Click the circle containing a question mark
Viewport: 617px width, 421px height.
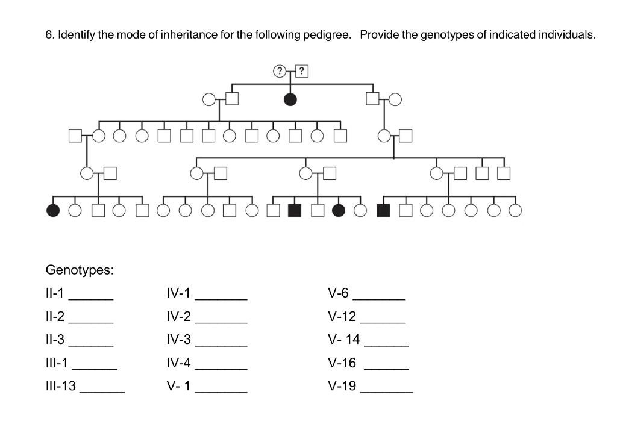click(x=279, y=71)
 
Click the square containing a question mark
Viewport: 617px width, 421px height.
click(x=301, y=71)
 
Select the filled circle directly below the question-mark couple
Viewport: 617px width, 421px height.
click(x=290, y=99)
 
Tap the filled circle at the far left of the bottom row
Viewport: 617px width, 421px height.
click(x=53, y=210)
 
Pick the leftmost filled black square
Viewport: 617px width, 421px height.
click(x=295, y=210)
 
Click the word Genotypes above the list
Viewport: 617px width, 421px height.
click(x=80, y=270)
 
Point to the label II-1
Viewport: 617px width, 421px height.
click(x=55, y=293)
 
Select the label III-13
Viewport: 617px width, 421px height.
click(x=60, y=386)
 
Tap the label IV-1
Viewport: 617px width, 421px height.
click(x=178, y=293)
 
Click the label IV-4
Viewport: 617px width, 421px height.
click(x=178, y=363)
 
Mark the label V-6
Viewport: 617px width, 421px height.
click(x=338, y=293)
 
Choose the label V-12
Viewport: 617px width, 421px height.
click(x=342, y=317)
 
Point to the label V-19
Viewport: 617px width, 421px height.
click(x=342, y=386)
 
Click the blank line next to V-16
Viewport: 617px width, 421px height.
click(x=386, y=367)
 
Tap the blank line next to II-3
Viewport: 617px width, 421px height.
click(x=90, y=344)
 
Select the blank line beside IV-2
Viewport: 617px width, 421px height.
click(x=221, y=321)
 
